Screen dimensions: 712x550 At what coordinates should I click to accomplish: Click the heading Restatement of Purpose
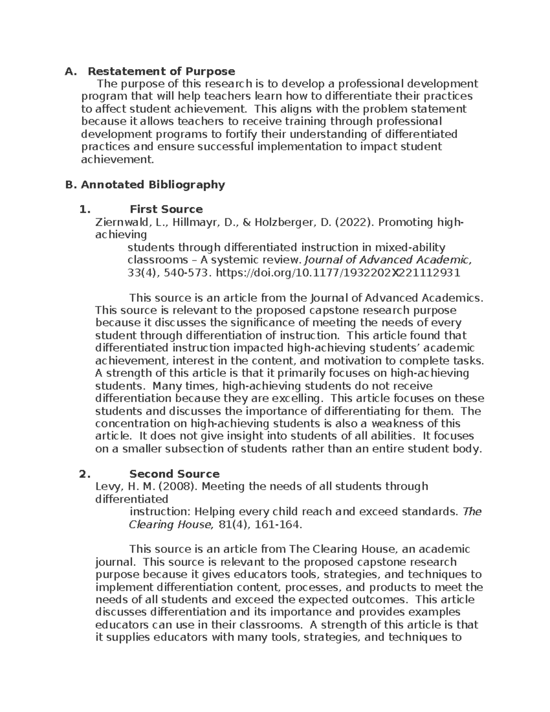point(161,71)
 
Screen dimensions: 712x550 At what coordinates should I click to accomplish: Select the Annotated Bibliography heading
point(153,184)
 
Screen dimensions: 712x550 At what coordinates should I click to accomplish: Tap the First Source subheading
point(166,209)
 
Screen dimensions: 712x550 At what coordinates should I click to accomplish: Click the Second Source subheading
point(174,474)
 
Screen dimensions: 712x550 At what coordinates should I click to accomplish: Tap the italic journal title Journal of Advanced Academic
point(388,260)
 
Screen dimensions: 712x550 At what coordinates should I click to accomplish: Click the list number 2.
point(84,474)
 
